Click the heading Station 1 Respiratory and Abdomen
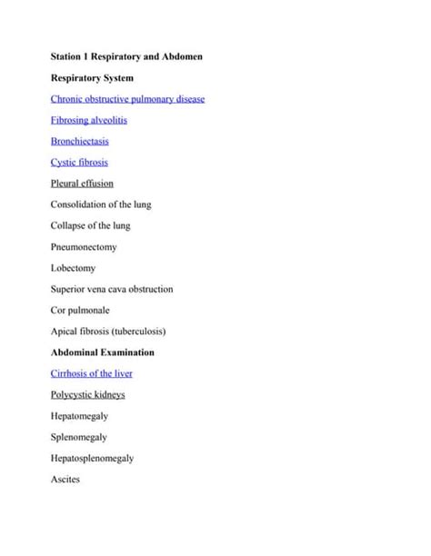(126, 57)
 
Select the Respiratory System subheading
(92, 78)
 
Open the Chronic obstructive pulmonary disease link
(127, 99)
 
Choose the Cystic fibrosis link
(79, 163)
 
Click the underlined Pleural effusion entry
(82, 184)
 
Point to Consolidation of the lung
(101, 204)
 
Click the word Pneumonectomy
(84, 247)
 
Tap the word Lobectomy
(73, 268)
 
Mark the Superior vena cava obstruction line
(112, 289)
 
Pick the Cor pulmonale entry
(81, 310)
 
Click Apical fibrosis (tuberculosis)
(108, 331)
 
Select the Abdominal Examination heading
(102, 352)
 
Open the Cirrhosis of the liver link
(93, 373)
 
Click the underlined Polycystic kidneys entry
(87, 394)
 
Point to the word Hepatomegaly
(80, 415)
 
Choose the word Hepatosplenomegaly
(92, 458)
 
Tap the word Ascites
(65, 479)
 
